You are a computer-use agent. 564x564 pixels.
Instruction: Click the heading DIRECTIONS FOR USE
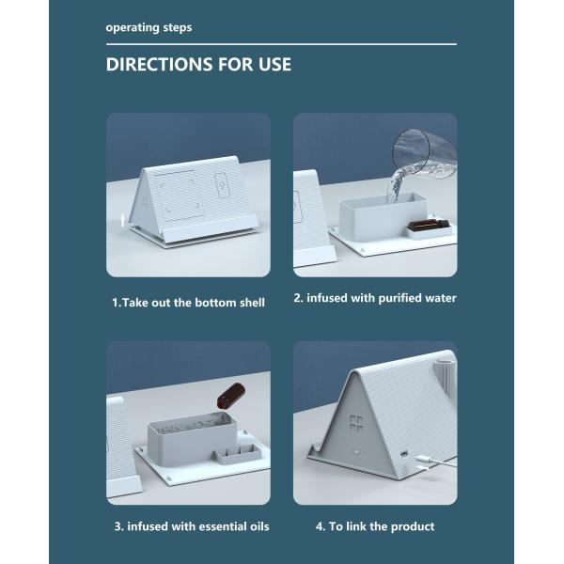point(198,64)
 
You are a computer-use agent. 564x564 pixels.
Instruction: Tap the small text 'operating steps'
point(149,27)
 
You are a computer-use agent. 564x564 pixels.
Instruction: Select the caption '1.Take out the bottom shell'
point(188,303)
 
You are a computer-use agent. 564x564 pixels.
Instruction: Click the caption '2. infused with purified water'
point(375,298)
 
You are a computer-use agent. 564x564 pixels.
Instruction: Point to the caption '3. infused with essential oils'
point(192,526)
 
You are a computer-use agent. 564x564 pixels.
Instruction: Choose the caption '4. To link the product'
point(375,526)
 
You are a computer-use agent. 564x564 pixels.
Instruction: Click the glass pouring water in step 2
point(425,154)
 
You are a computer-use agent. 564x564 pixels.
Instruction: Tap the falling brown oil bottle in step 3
point(230,396)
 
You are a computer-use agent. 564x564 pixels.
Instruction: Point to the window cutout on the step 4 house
point(356,423)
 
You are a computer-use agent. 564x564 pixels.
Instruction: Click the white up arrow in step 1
point(122,220)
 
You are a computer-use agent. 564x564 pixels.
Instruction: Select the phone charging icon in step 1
point(222,185)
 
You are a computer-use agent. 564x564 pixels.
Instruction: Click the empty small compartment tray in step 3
point(238,454)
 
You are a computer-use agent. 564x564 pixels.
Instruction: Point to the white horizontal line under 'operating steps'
point(281,44)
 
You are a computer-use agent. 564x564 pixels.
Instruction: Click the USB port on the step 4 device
point(404,453)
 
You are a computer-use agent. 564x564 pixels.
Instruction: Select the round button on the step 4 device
point(356,452)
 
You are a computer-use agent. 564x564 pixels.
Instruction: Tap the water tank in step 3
point(193,439)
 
